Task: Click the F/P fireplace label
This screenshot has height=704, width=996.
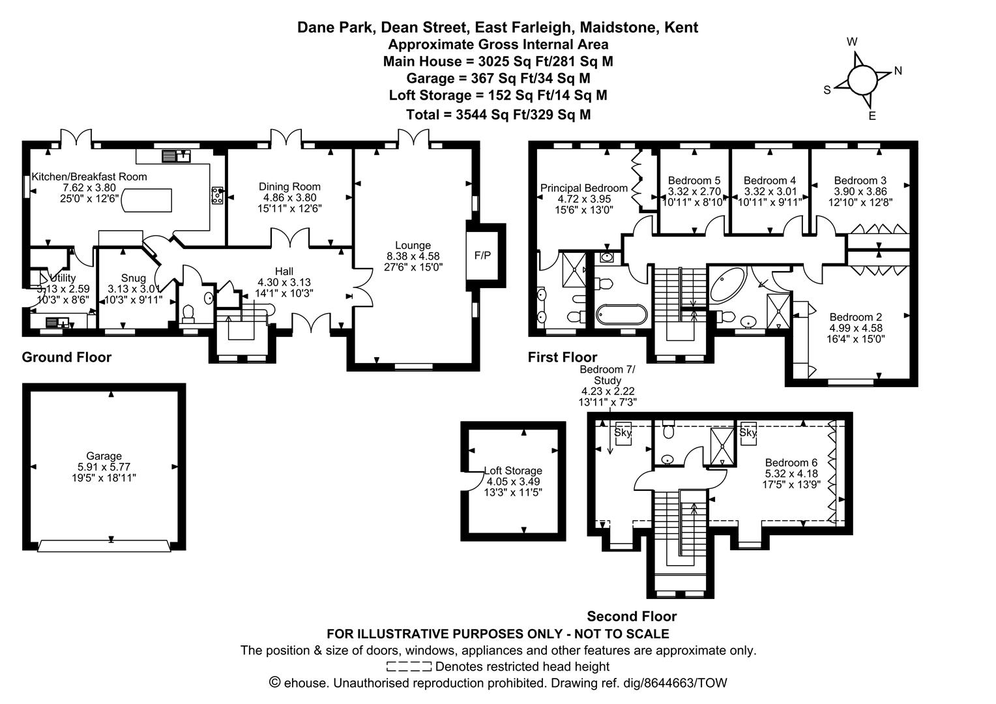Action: point(482,256)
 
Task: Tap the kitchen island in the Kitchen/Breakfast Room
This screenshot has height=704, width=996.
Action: point(146,201)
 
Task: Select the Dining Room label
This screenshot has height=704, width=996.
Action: point(289,187)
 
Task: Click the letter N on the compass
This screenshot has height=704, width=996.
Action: point(898,70)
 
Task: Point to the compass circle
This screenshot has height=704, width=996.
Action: point(862,80)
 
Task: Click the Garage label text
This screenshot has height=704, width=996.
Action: point(104,456)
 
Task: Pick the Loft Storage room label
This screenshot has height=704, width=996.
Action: point(513,471)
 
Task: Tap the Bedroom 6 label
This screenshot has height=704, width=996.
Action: point(791,463)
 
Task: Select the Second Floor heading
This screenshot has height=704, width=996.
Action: point(632,616)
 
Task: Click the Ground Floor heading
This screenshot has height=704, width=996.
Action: point(66,357)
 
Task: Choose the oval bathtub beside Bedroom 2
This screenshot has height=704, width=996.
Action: point(727,285)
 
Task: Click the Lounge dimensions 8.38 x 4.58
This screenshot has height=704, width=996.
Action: point(413,256)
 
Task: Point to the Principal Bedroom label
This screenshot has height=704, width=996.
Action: point(584,188)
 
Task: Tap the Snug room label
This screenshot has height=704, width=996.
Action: point(134,278)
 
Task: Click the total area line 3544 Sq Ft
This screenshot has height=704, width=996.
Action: point(499,115)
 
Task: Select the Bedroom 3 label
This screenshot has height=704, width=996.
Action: point(860,181)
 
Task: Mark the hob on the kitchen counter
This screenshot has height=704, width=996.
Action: point(218,196)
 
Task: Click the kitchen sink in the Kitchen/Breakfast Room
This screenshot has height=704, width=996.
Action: point(177,156)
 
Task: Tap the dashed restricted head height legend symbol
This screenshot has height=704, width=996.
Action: point(409,666)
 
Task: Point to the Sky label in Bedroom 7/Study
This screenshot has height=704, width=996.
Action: point(622,432)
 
